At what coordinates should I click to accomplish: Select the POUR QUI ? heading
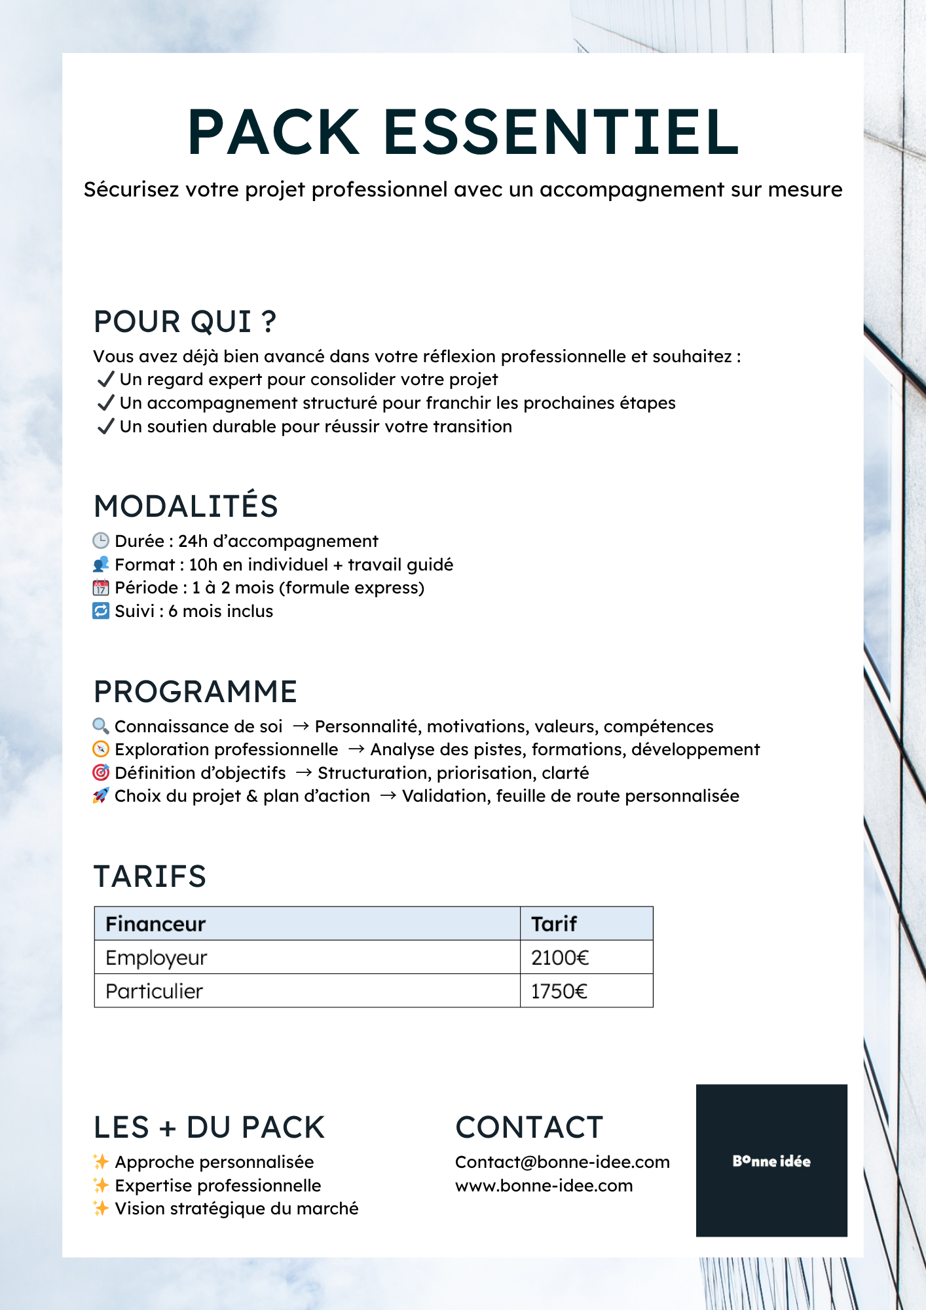185,322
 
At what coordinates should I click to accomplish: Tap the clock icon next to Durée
101,541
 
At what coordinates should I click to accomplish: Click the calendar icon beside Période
101,588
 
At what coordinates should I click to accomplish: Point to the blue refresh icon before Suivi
101,611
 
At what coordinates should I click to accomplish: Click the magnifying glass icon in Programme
101,726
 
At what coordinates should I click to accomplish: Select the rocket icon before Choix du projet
101,796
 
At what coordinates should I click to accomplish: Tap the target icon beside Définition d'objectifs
101,773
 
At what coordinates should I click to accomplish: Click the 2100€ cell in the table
560,958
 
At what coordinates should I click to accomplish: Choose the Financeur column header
156,924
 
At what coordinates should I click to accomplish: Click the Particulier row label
155,991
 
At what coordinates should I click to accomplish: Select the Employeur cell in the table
157,958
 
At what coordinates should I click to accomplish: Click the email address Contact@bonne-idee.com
563,1162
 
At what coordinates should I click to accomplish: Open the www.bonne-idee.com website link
544,1186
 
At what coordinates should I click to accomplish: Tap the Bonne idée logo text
771,1161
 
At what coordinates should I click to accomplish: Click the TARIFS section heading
150,876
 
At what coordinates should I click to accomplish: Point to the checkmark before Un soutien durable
105,426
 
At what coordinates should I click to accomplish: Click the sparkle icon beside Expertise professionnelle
101,1185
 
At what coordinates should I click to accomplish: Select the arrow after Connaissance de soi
301,726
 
